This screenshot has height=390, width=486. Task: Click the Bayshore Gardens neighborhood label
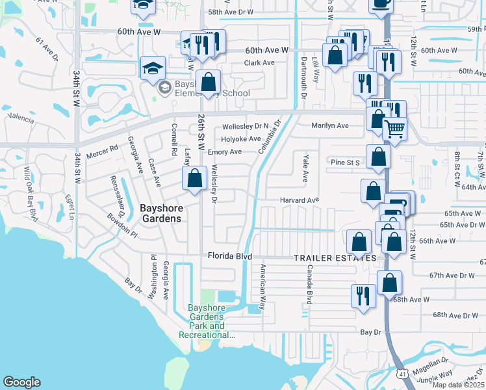click(x=161, y=213)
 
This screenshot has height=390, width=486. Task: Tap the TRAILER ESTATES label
click(x=335, y=258)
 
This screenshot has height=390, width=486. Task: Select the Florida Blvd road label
click(x=229, y=256)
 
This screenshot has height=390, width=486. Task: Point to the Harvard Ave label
click(x=300, y=200)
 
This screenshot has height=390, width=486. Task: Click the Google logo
click(x=21, y=382)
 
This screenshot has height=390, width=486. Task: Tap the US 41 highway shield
click(x=403, y=374)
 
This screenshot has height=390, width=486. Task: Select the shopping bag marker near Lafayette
click(x=194, y=179)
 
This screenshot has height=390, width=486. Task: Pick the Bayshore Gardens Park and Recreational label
click(x=207, y=321)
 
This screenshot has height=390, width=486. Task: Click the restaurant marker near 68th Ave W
click(x=363, y=296)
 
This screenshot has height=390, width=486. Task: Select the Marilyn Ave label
click(x=330, y=125)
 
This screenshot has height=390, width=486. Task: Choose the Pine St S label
click(x=345, y=162)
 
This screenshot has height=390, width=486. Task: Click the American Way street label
click(x=263, y=287)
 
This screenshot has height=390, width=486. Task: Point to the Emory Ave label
click(x=225, y=152)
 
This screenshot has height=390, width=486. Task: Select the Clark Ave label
click(x=259, y=63)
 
